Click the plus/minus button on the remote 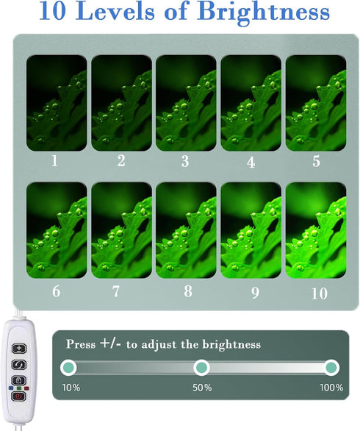point(19,349)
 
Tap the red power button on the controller point(18,396)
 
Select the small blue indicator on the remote point(11,388)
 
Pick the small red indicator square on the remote point(26,388)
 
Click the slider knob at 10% point(68,367)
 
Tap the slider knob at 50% point(201,367)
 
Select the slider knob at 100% point(331,367)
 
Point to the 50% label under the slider point(202,388)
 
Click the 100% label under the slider point(331,388)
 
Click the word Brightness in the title point(267,12)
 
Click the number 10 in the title point(53,12)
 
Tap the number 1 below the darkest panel point(55,161)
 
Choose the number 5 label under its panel point(317,161)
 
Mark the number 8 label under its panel point(188,291)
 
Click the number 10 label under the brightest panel point(320,293)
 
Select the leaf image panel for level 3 point(186,103)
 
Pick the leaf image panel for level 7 point(122,230)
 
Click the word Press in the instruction point(81,344)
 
